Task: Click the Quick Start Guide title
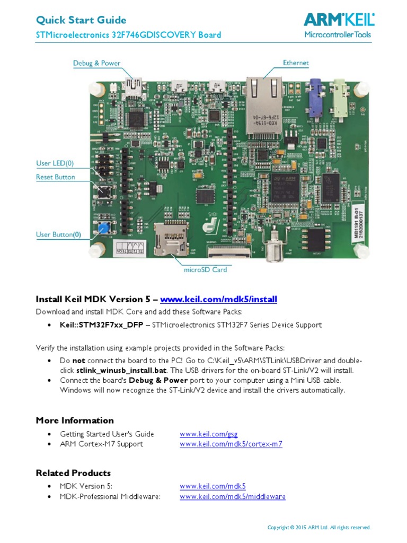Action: pyautogui.click(x=81, y=20)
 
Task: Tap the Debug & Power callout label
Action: pyautogui.click(x=96, y=63)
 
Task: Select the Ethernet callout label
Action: pyautogui.click(x=296, y=63)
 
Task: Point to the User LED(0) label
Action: pyautogui.click(x=55, y=163)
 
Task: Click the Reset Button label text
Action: pyautogui.click(x=56, y=177)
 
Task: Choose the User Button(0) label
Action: pyautogui.click(x=59, y=234)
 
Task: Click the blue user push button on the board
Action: pyautogui.click(x=102, y=228)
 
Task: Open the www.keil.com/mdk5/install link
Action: pyautogui.click(x=218, y=300)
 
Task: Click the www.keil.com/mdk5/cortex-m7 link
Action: pyautogui.click(x=231, y=444)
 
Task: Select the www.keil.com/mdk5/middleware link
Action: pyautogui.click(x=233, y=497)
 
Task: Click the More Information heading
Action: pyautogui.click(x=75, y=421)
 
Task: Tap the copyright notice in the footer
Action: pyautogui.click(x=320, y=528)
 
